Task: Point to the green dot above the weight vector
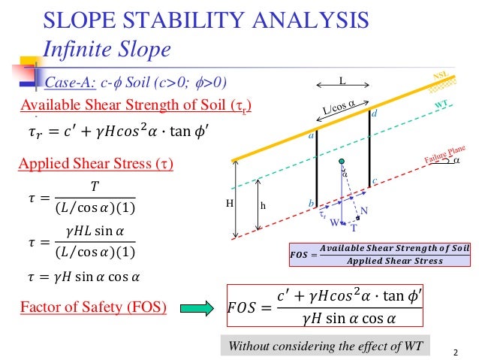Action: [x=341, y=162]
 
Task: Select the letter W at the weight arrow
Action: [x=335, y=222]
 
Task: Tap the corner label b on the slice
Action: [x=310, y=204]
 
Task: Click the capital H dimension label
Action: [x=230, y=203]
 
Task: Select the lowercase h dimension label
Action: [x=262, y=204]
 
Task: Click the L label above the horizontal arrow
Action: [x=341, y=80]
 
